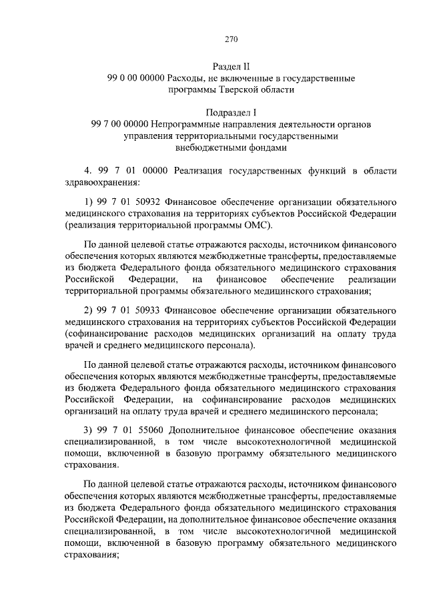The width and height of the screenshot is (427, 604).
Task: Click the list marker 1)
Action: pyautogui.click(x=88, y=201)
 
